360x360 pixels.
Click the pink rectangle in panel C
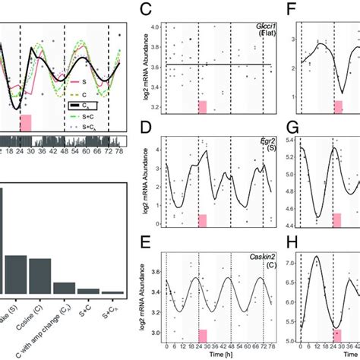click(x=203, y=108)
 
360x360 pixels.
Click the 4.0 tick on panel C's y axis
click(x=154, y=27)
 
